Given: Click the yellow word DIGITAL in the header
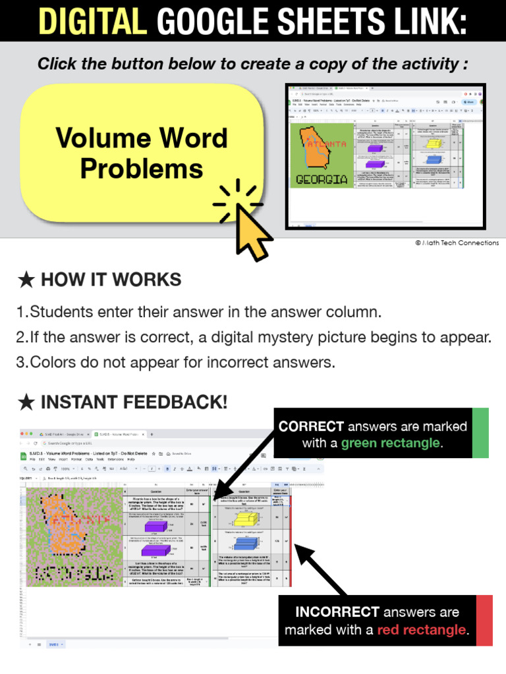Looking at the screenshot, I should pos(92,21).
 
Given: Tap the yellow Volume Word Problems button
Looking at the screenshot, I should pos(142,153).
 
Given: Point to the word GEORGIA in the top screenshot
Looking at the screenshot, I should pos(322,179).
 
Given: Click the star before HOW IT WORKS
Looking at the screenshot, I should pos(26,280).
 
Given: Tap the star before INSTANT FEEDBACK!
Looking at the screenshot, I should pos(26,402).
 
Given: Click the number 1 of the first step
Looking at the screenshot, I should pos(20,311).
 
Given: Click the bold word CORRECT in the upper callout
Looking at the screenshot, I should pos(311,427).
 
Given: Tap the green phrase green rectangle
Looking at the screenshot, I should pos(390,443).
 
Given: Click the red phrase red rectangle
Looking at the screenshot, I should pos(422,630).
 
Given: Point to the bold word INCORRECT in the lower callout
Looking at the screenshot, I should pos(337,612).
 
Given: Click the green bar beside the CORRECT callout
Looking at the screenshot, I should pos(481,432).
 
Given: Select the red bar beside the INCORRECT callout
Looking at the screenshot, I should pos(484,620).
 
